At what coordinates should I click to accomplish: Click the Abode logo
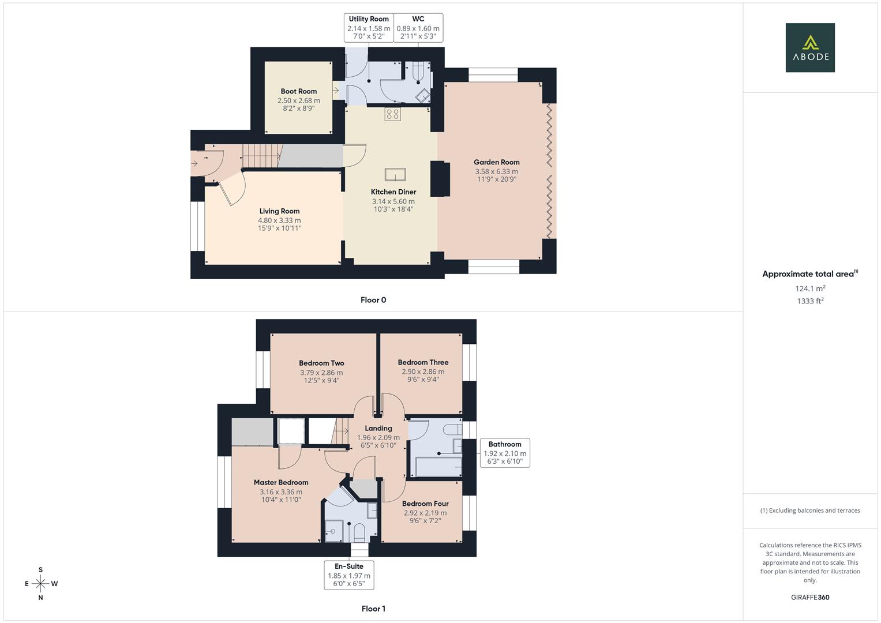(x=810, y=47)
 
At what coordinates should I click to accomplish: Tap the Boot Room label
(x=298, y=91)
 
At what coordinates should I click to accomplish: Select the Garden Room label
(x=496, y=162)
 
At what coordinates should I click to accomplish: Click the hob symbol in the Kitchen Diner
(x=392, y=114)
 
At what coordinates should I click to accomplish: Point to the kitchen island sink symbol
(x=395, y=174)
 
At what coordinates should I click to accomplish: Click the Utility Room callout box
(x=369, y=28)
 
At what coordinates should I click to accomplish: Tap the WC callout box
(x=418, y=28)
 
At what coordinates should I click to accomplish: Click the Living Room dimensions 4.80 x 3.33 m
(x=279, y=220)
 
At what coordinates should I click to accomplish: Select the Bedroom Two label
(x=321, y=363)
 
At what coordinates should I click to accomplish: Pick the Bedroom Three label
(x=423, y=362)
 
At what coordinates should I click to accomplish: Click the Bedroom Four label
(x=425, y=504)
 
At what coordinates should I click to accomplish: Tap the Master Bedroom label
(x=281, y=482)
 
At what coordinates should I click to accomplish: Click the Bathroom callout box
(x=505, y=453)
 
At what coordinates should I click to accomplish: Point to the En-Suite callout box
(x=349, y=575)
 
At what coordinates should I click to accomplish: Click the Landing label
(x=378, y=428)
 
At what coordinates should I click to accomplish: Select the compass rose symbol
(x=40, y=584)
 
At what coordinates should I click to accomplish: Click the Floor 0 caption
(x=373, y=300)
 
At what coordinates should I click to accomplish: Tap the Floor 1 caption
(x=373, y=609)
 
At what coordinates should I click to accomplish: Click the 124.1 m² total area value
(x=810, y=288)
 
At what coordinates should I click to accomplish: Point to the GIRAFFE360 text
(x=810, y=598)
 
